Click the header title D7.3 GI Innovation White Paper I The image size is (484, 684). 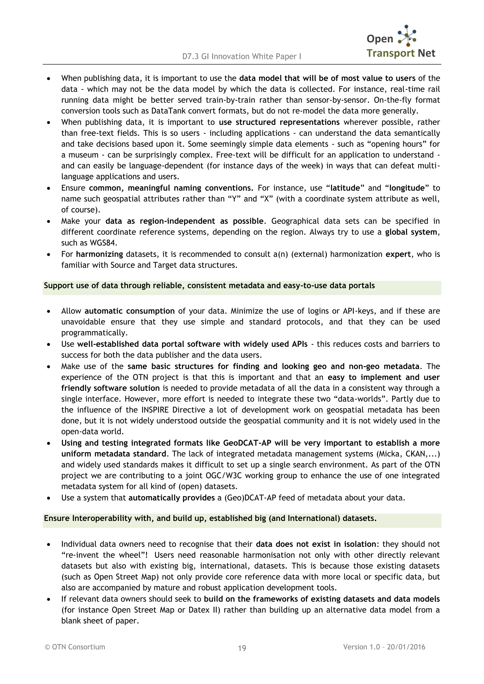pos(242,56)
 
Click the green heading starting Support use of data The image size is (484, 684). pos(209,286)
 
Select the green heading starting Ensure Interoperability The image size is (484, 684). pos(210,518)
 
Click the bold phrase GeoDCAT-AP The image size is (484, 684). pos(247,443)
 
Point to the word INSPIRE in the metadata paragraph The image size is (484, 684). pos(155,410)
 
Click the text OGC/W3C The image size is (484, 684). pos(224,476)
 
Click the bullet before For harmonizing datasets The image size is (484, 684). pos(49,255)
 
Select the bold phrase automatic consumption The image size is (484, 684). pos(130,311)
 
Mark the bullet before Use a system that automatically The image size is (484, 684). pos(49,498)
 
